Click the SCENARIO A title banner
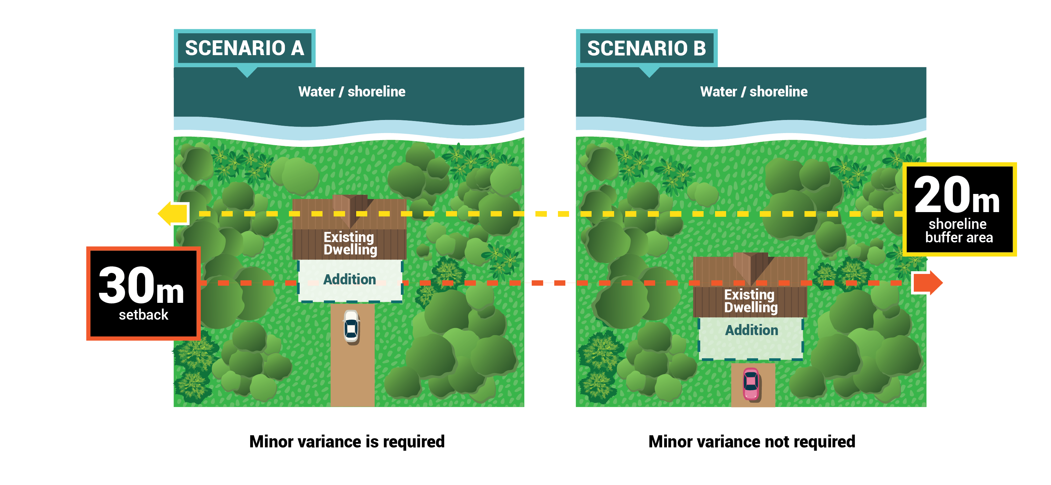(x=245, y=48)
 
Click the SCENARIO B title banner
(x=646, y=48)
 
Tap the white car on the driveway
(x=351, y=327)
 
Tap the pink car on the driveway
(x=751, y=383)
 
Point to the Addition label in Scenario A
(x=350, y=279)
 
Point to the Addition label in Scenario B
(x=752, y=330)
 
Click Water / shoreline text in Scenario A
(x=352, y=91)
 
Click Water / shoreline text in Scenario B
(x=754, y=91)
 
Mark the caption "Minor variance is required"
(x=347, y=441)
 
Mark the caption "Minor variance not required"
(x=752, y=441)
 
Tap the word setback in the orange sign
(x=143, y=315)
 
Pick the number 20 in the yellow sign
(x=942, y=195)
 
